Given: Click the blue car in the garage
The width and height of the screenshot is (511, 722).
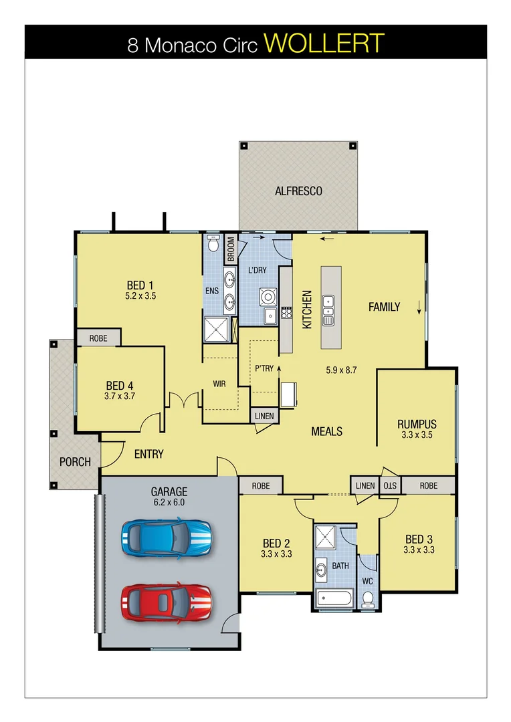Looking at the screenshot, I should point(167,536).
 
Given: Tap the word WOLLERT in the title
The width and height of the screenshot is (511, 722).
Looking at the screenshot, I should point(324,43).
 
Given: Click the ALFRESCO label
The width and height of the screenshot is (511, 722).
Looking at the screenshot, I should point(298,191).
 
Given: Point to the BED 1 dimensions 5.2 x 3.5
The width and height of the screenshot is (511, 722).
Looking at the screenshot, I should point(140,295).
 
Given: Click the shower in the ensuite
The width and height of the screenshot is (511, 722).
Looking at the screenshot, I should point(217,330).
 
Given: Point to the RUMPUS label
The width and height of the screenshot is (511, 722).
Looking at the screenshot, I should point(417,424).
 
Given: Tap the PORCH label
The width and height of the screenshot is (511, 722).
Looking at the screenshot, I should point(75,462).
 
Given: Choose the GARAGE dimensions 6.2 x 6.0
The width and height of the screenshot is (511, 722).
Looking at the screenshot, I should point(169,503).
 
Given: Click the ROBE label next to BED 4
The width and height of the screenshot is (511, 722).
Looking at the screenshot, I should point(98,338).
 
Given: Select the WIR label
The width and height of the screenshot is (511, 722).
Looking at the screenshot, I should point(219,384).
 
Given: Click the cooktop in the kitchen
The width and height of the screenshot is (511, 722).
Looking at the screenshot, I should point(286,312).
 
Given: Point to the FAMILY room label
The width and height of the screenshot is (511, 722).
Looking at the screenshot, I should point(384,307).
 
